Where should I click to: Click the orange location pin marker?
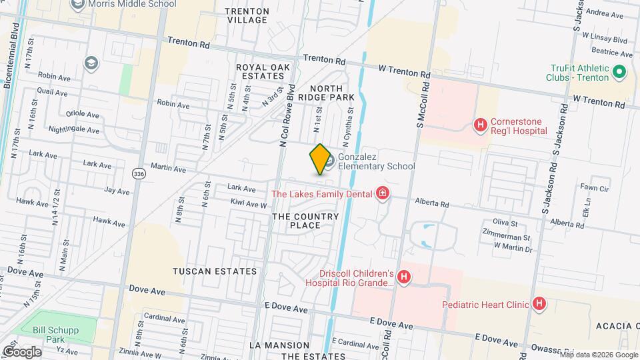320,159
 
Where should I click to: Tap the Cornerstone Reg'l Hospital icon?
479,125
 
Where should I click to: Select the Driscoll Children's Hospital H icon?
403,277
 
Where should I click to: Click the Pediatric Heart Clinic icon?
539,305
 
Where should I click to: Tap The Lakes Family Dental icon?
383,194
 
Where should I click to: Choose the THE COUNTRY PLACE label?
305,221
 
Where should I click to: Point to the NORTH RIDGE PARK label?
326,93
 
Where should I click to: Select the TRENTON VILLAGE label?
247,16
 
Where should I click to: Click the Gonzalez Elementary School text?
376,161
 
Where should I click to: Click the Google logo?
22,351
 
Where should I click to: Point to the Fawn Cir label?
595,188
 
